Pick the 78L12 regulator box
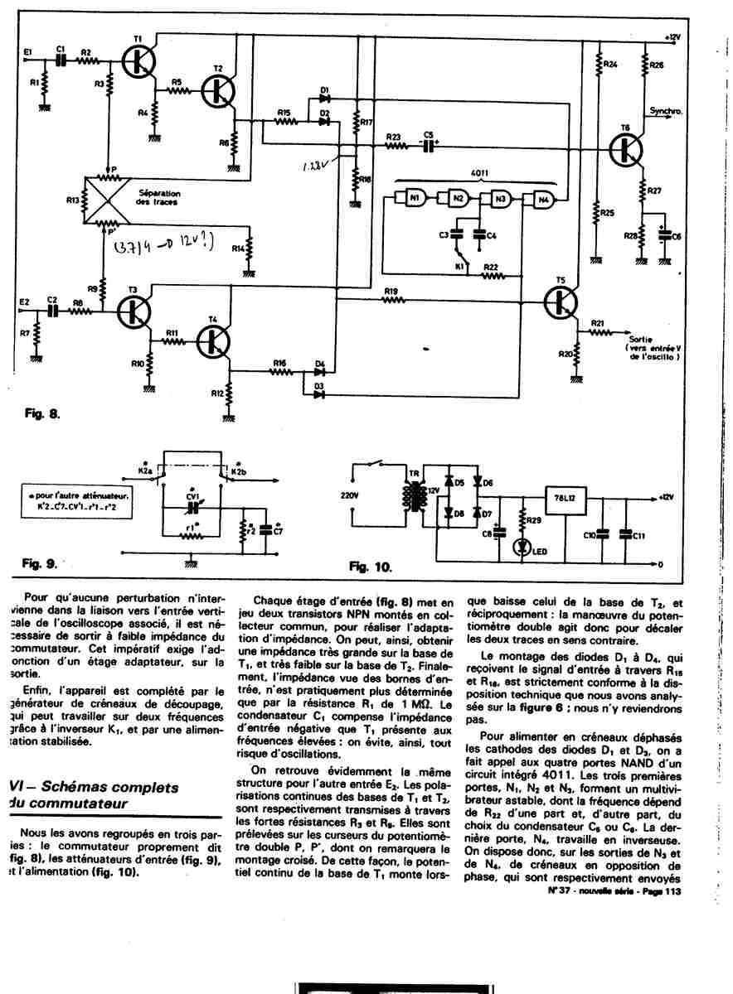(x=568, y=498)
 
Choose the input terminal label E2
(x=25, y=301)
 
